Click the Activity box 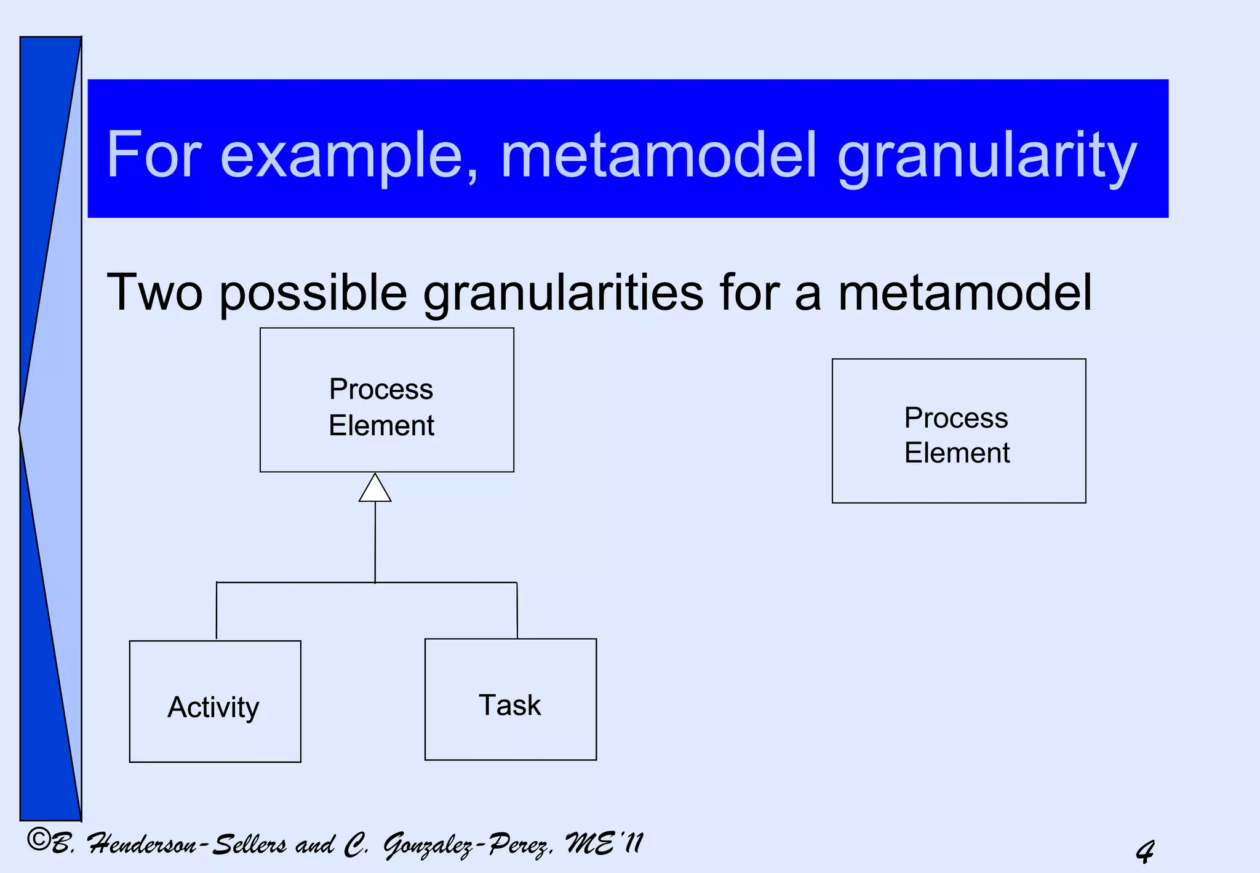point(215,701)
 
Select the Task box point(510,699)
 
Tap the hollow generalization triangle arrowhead point(375,488)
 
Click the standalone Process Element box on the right point(959,431)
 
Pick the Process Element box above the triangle point(386,400)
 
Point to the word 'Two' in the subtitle point(154,292)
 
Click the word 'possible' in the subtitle point(313,294)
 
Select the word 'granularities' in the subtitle point(563,294)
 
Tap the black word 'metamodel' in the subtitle point(964,292)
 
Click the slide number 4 point(1145,851)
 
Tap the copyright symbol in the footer point(39,840)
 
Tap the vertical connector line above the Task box point(517,610)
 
